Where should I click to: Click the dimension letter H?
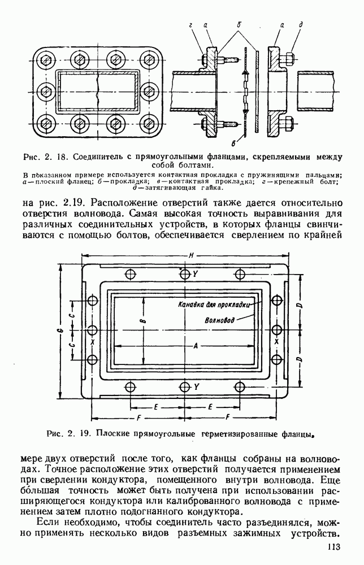pyautogui.click(x=192, y=256)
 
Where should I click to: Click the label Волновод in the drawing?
pyautogui.click(x=219, y=319)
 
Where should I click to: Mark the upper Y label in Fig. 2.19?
pyautogui.click(x=196, y=273)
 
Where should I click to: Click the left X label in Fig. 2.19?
pyautogui.click(x=92, y=341)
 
